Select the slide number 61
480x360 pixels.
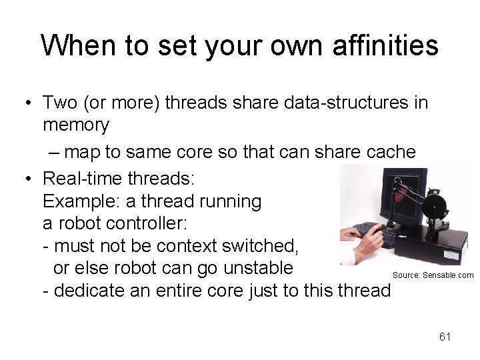(x=445, y=337)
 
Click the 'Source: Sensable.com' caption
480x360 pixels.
(x=433, y=275)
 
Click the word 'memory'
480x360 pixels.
(x=75, y=125)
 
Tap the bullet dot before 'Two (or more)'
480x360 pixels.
(x=28, y=103)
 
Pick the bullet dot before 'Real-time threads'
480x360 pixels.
(x=28, y=179)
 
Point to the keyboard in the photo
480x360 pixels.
(x=370, y=233)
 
